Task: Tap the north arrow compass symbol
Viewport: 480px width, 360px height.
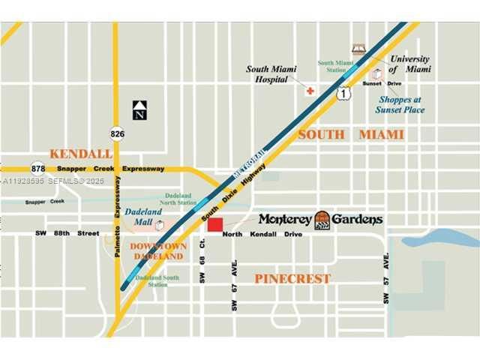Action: pyautogui.click(x=139, y=109)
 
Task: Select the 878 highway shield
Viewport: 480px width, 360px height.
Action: pyautogui.click(x=37, y=168)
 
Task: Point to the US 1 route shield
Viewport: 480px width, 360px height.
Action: pyautogui.click(x=343, y=93)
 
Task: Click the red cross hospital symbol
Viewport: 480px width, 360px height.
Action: pyautogui.click(x=310, y=90)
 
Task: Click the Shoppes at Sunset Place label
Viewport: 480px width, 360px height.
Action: pyautogui.click(x=400, y=105)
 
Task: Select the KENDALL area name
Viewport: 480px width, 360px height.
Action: pyautogui.click(x=81, y=154)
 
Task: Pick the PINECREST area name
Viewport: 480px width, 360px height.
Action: pyautogui.click(x=292, y=278)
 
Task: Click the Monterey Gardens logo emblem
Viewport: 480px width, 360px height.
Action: pyautogui.click(x=322, y=220)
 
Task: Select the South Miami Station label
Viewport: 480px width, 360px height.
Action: pyautogui.click(x=335, y=66)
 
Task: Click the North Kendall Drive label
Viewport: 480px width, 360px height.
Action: pyautogui.click(x=262, y=235)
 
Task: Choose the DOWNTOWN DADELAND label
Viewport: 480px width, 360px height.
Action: pyautogui.click(x=157, y=251)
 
